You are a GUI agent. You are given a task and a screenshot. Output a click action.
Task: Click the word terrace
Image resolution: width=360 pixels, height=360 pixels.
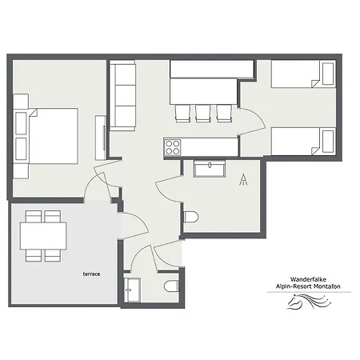pos(91,274)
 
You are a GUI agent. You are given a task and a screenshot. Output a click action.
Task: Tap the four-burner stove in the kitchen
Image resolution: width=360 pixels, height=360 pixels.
pos(172,147)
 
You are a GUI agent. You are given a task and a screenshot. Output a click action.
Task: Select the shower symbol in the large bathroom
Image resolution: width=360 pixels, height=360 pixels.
pos(243,179)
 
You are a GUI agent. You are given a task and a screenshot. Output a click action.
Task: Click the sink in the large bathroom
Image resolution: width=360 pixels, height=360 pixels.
pos(210,168)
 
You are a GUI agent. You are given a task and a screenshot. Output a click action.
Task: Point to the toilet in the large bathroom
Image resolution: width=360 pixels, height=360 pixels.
pos(191,218)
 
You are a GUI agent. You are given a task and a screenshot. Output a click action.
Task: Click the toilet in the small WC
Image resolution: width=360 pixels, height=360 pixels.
pos(171,286)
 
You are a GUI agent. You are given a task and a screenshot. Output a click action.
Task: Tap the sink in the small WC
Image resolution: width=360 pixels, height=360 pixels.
pos(132,290)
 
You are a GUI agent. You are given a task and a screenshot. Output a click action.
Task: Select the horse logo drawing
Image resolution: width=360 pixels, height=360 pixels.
pos(309,302)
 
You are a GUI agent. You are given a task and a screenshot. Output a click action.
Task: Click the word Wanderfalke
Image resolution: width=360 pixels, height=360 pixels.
pos(308,279)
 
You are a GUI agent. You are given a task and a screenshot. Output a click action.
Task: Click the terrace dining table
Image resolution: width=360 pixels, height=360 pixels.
pos(43,236)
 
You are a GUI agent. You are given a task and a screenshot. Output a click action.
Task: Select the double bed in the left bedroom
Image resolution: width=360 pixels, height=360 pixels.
pos(53,136)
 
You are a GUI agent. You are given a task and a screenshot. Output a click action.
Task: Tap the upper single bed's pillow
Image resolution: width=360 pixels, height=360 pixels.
pos(328,74)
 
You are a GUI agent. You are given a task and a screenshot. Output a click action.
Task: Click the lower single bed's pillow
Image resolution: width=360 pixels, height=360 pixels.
pos(328,142)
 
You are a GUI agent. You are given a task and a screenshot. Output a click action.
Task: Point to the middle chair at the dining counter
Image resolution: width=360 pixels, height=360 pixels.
pos(202,114)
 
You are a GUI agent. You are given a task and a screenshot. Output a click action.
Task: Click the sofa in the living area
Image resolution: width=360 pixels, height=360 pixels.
pos(122,95)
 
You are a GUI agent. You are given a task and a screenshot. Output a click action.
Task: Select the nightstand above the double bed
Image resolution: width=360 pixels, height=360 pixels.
pos(21,101)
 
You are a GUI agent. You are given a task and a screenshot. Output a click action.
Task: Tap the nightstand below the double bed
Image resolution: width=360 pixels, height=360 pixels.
pos(21,171)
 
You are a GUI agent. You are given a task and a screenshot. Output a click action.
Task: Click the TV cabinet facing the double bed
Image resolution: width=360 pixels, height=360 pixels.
pos(101,138)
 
